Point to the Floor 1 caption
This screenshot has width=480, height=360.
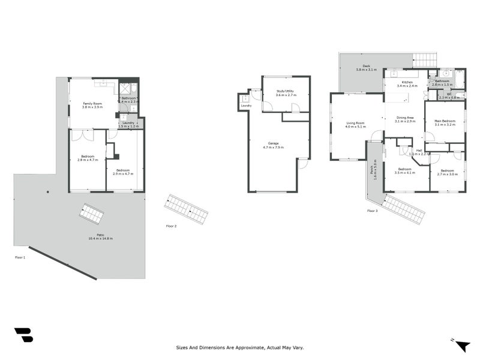(x=20, y=257)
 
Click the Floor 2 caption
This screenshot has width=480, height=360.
(x=172, y=226)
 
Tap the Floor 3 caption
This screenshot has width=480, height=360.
(x=373, y=211)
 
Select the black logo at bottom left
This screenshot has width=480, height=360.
(x=23, y=335)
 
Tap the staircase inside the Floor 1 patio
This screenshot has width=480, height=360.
(x=91, y=213)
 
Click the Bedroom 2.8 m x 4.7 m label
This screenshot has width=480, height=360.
(x=88, y=158)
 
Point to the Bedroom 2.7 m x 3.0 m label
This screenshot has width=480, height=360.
(x=447, y=172)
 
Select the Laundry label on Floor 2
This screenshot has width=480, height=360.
(x=246, y=106)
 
